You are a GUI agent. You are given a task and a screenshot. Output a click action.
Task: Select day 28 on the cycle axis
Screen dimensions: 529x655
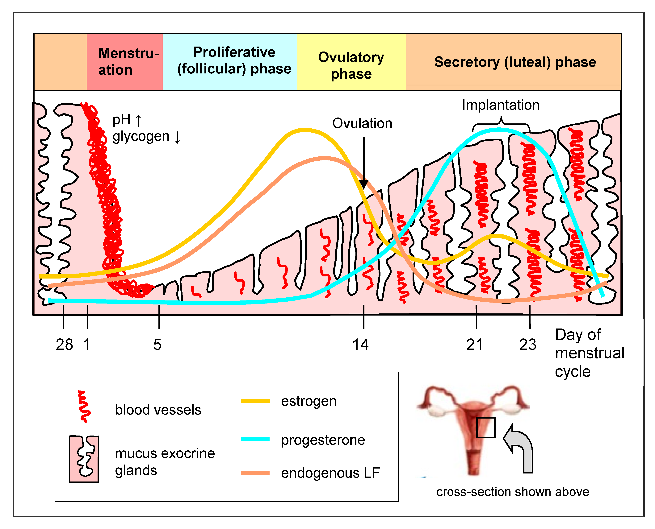click(64, 345)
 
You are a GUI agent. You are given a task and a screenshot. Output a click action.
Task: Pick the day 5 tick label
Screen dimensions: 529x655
click(157, 345)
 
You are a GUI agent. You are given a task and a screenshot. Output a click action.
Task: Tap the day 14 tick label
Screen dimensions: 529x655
click(360, 345)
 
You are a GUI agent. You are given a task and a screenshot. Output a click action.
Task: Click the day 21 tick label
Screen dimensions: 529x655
click(474, 345)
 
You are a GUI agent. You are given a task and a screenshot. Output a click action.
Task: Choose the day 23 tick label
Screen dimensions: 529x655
click(527, 345)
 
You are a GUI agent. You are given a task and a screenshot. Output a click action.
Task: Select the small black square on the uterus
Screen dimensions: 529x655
click(485, 428)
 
